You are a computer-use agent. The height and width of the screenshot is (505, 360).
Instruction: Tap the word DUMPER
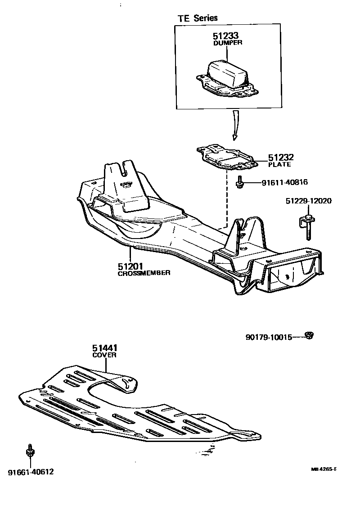point(227,43)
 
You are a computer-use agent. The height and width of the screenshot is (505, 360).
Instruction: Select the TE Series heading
point(197,18)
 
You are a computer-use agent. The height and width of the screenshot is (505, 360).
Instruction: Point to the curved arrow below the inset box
point(235,126)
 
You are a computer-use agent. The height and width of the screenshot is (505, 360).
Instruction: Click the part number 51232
point(281,158)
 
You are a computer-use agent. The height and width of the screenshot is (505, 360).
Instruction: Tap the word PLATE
point(279,165)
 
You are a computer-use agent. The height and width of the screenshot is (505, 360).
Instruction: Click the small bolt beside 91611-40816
point(240,181)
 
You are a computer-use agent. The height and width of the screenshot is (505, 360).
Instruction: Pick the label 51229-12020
point(308,201)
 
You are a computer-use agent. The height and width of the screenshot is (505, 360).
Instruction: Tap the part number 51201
point(130,266)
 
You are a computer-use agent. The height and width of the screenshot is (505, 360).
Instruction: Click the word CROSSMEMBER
point(144,273)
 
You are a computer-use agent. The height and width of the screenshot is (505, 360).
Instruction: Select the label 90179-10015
point(269,337)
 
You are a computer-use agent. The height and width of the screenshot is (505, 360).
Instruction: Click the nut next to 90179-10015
point(309,335)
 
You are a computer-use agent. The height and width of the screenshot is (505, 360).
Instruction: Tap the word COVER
point(105,355)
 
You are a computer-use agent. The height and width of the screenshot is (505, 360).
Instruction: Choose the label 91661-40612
point(31,472)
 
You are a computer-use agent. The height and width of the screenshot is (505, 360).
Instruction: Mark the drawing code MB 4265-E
point(324,469)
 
